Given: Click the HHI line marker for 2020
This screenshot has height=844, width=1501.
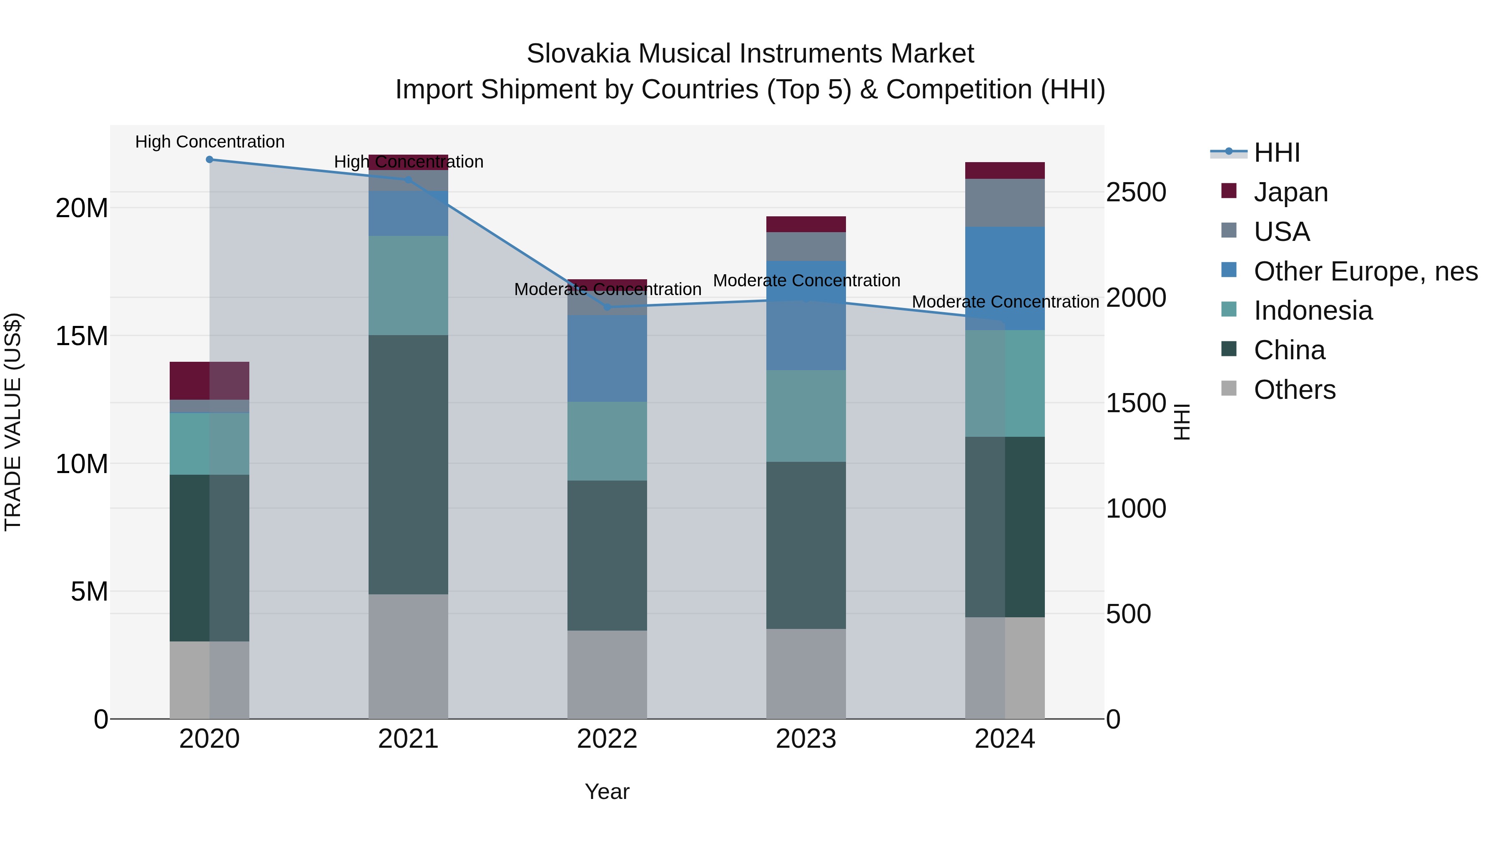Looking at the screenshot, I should click(210, 160).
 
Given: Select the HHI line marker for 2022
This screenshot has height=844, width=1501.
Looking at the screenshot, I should click(607, 307).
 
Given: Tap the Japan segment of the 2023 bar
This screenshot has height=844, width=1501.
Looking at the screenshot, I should click(806, 224).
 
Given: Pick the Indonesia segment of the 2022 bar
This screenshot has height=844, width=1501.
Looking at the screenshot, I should click(607, 441).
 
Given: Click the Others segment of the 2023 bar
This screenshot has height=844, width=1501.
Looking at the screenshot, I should click(806, 674).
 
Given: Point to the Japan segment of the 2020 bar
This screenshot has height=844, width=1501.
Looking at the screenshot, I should click(209, 381).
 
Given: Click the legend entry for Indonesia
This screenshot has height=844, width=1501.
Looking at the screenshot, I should click(1313, 311).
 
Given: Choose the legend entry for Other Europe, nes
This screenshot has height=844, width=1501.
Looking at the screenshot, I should click(1365, 271).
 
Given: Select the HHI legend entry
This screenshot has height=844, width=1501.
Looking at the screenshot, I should click(1277, 153).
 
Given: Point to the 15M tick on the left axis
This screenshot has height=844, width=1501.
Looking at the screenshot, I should click(82, 336).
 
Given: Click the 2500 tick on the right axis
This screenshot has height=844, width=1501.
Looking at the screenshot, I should click(1136, 193).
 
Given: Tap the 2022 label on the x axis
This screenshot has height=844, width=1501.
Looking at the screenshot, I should click(607, 739).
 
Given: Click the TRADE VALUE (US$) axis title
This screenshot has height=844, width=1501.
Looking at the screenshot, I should click(13, 422).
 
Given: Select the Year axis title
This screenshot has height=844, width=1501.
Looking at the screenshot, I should click(607, 791).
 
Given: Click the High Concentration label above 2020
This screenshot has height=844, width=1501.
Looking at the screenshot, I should click(210, 142).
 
